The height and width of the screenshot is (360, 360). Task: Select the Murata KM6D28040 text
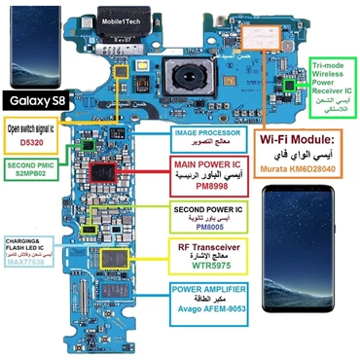(303, 169)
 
